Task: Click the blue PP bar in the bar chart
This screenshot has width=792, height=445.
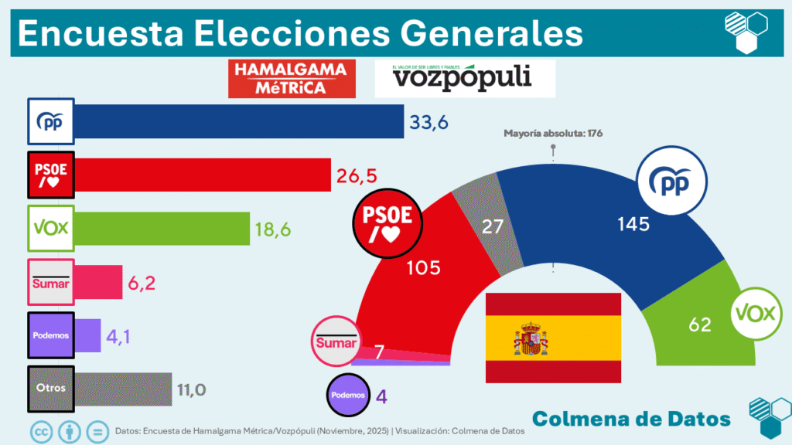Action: click(239, 121)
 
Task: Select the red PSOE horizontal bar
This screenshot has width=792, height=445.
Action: click(202, 175)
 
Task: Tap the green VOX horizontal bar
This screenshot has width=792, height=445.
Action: click(162, 228)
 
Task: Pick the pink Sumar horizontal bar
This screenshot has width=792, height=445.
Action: click(98, 282)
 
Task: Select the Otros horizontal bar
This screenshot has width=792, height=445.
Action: click(123, 389)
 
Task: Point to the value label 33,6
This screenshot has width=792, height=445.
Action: click(429, 122)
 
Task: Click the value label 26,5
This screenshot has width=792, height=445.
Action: click(356, 175)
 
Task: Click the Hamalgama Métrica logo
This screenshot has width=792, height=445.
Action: click(292, 78)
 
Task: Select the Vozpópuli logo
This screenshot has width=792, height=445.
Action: click(464, 78)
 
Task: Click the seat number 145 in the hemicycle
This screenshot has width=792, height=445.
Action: click(633, 225)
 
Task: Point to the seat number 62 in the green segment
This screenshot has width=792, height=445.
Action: click(699, 324)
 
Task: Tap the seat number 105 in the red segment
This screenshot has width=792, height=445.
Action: click(423, 268)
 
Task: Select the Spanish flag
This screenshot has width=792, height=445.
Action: click(553, 338)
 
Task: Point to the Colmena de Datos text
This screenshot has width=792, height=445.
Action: click(631, 418)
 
